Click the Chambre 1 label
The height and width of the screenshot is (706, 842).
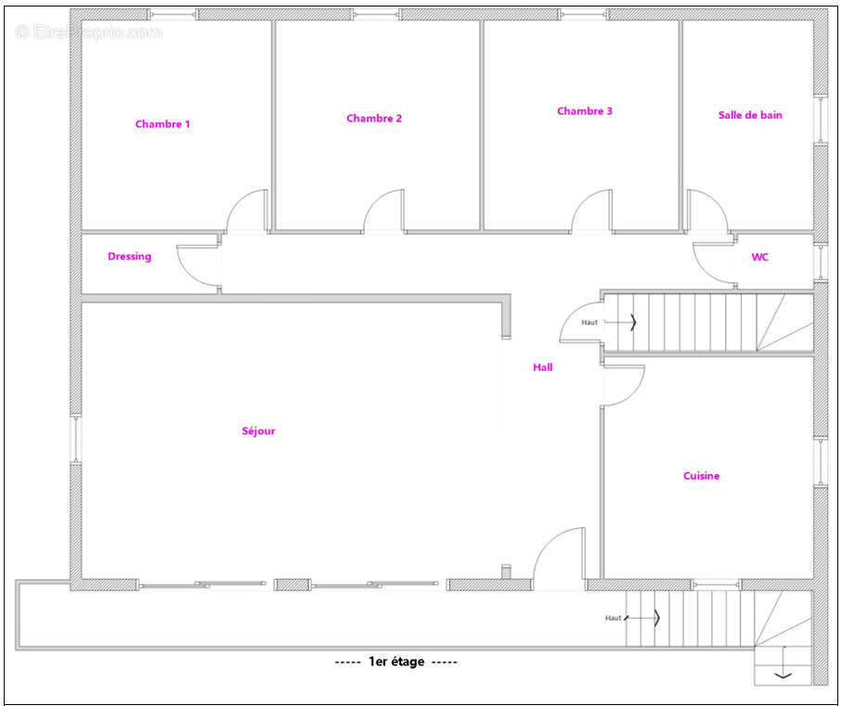[162, 124]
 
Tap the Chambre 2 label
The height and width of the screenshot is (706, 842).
[374, 118]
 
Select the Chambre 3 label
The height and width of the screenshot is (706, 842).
[584, 111]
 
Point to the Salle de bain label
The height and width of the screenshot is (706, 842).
[750, 115]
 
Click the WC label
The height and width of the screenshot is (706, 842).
[759, 257]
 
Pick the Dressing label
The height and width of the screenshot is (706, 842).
[129, 256]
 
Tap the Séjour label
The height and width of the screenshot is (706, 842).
[258, 430]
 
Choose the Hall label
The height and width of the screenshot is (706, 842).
[542, 367]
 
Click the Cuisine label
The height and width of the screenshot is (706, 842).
[701, 476]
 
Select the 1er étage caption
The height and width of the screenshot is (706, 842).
[396, 661]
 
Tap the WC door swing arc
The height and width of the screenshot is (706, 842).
[705, 268]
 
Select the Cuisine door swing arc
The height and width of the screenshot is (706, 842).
[634, 394]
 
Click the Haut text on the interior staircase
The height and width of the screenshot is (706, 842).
[589, 323]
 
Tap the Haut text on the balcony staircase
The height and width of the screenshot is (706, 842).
[613, 618]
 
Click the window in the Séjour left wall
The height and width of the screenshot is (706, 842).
[75, 439]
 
